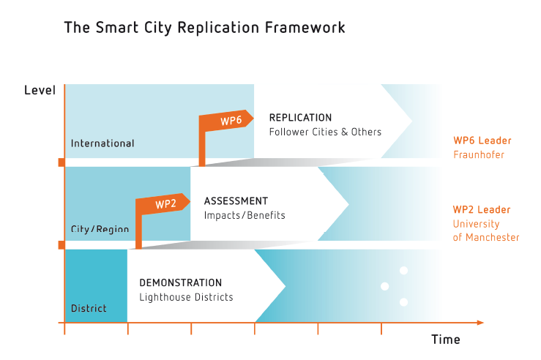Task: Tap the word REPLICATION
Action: coord(300,118)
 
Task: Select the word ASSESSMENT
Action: coord(236,200)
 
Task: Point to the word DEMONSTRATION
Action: coord(180,282)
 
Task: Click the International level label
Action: coord(102,143)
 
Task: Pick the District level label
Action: coord(89,308)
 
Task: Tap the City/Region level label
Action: coord(100,228)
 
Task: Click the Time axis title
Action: coord(445,340)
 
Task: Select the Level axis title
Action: coord(40,90)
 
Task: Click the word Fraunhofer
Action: coord(479,154)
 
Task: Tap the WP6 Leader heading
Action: coord(482,140)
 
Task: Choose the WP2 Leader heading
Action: coord(482,209)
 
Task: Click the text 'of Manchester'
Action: coord(486,237)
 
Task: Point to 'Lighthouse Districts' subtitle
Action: coord(187,297)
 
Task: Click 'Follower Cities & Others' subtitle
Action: coord(325,132)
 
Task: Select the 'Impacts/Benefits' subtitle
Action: coord(245,215)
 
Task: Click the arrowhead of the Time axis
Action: coord(481,323)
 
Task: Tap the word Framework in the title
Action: coord(305,27)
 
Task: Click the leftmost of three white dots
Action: coord(385,286)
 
